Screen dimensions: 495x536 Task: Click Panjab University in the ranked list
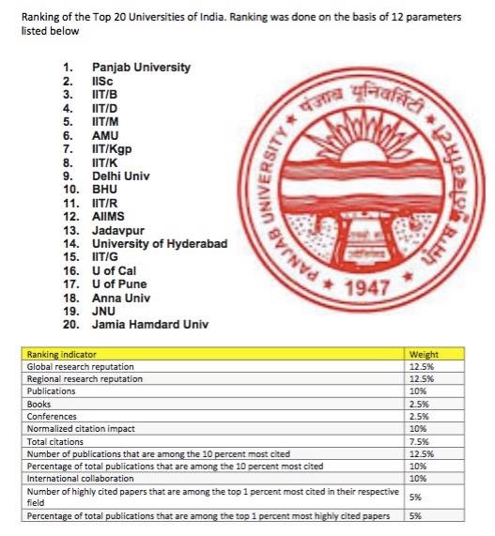[x=141, y=68]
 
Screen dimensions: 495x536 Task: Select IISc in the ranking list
[x=102, y=82]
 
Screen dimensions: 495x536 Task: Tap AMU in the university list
[x=104, y=135]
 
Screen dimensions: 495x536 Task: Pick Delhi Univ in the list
[x=121, y=176]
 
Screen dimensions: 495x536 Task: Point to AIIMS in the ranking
[x=109, y=216]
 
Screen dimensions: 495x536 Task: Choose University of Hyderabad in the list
[x=160, y=243]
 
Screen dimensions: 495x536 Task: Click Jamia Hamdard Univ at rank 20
[x=150, y=324]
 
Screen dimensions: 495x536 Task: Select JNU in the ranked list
[x=104, y=311]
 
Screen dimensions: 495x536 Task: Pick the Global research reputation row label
[x=80, y=367]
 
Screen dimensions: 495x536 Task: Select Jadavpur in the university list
[x=117, y=230]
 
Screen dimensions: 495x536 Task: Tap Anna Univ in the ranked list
[x=118, y=298]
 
